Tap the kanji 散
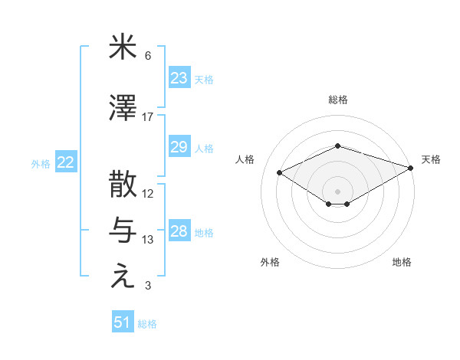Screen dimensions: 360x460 pos(123,186)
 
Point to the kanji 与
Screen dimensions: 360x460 pos(123,231)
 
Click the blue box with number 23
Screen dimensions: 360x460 pos(179,78)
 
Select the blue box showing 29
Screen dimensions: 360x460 pos(179,147)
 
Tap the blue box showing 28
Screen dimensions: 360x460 pos(179,231)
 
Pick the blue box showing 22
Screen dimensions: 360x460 pos(66,162)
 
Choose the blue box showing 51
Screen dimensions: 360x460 pos(123,322)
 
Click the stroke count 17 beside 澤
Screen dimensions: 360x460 pos(148,116)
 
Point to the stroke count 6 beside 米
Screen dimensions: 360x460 pos(148,56)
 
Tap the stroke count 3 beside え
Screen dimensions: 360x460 pos(148,286)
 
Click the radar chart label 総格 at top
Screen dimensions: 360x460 pos(337,100)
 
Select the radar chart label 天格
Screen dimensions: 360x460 pos(431,159)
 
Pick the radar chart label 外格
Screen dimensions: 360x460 pos(270,262)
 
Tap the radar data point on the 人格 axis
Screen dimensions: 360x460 pos(280,172)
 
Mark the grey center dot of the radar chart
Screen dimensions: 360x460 pos(337,191)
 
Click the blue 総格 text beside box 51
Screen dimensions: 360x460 pos(147,324)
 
